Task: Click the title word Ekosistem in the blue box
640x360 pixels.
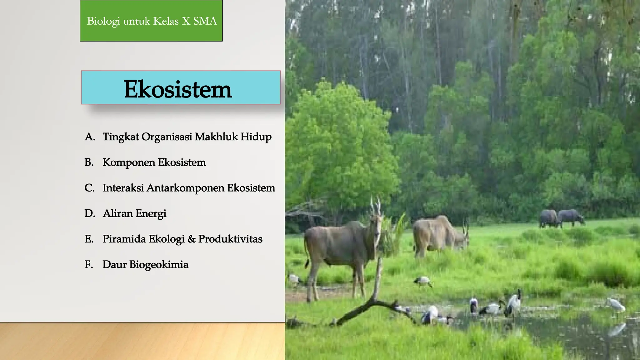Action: click(x=177, y=89)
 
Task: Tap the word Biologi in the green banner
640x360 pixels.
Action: click(x=103, y=21)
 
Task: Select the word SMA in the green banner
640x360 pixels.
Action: click(x=205, y=21)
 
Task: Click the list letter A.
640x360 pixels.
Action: click(x=89, y=137)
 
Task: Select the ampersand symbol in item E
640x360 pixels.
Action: click(x=191, y=239)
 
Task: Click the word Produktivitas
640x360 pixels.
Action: click(x=230, y=239)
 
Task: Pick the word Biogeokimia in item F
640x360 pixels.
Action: click(x=159, y=265)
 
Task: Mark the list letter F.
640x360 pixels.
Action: click(x=89, y=265)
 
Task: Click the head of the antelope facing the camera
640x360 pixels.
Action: click(x=376, y=219)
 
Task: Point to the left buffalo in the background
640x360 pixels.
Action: click(x=549, y=218)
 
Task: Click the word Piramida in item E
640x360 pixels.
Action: click(x=124, y=239)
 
